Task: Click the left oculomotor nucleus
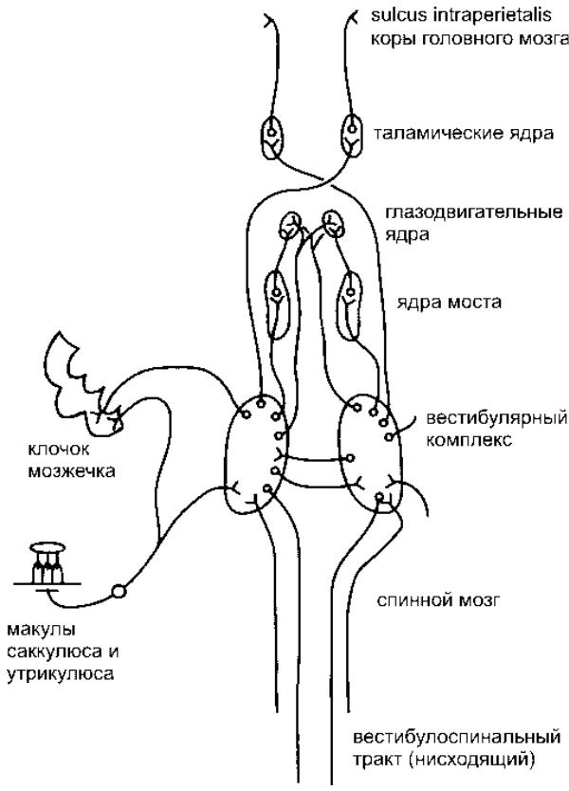click(290, 226)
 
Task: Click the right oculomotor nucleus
click(333, 224)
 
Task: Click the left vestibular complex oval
click(256, 453)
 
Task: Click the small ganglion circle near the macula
click(119, 591)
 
